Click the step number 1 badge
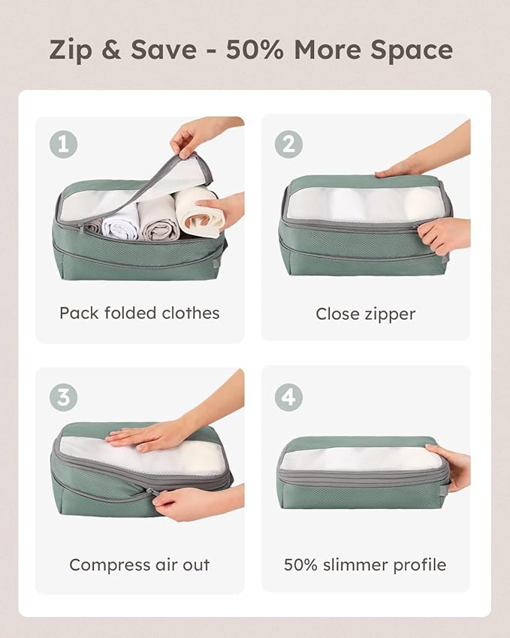(x=64, y=143)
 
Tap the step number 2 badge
(x=288, y=143)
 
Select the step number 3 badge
(x=64, y=396)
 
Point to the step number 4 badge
(x=288, y=396)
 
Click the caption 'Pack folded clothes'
(x=140, y=313)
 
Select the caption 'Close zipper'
(x=365, y=313)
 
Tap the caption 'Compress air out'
(x=140, y=564)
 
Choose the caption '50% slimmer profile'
(x=365, y=564)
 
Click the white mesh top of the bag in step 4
(x=353, y=458)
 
